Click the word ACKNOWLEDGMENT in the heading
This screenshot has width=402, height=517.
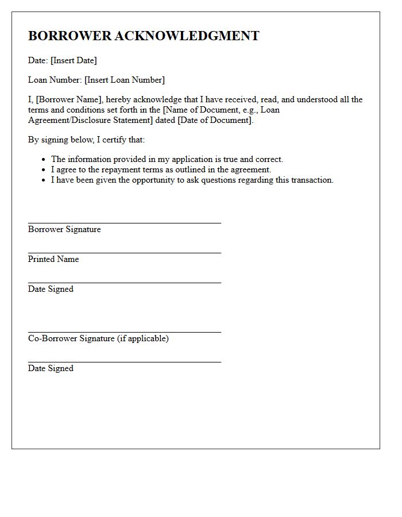click(x=187, y=36)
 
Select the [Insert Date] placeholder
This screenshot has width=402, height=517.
click(x=74, y=60)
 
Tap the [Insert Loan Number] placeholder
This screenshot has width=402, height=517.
click(x=125, y=80)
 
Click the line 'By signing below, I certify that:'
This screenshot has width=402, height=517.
click(x=86, y=140)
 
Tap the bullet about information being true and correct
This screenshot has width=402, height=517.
click(x=167, y=159)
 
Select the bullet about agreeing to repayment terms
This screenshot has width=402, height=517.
click(x=161, y=169)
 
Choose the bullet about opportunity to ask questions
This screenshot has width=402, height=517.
click(x=192, y=180)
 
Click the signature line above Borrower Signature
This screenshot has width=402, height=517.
click(x=124, y=222)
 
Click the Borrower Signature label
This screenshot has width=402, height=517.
click(x=64, y=229)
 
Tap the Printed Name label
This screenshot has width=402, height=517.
click(x=53, y=259)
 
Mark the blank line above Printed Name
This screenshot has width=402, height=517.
click(x=124, y=252)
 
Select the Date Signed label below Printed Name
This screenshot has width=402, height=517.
click(x=51, y=289)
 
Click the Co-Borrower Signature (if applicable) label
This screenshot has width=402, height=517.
click(x=98, y=338)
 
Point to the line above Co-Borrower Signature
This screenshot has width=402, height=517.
click(x=124, y=331)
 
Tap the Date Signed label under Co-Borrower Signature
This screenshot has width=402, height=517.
click(x=51, y=368)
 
